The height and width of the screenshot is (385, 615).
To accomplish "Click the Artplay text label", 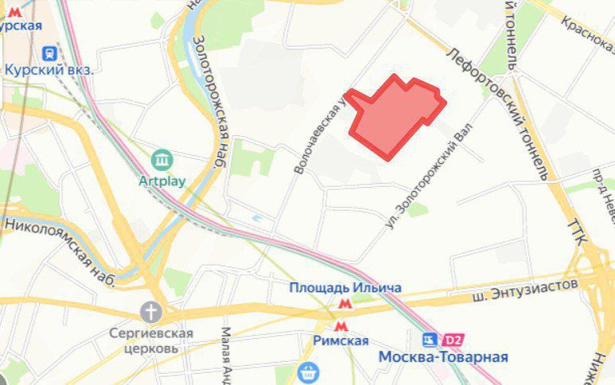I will click(162, 181).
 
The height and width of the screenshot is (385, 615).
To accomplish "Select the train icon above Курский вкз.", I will click(49, 52).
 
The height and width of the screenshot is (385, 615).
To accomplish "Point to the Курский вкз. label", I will click(49, 69).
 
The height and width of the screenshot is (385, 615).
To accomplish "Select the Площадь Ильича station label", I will click(344, 287).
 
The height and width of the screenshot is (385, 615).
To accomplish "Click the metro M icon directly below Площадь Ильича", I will click(344, 303).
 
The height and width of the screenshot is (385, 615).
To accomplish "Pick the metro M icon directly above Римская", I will click(341, 325).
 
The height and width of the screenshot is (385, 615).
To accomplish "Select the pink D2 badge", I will click(453, 340).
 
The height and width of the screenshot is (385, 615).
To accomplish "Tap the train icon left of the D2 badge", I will click(431, 340).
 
